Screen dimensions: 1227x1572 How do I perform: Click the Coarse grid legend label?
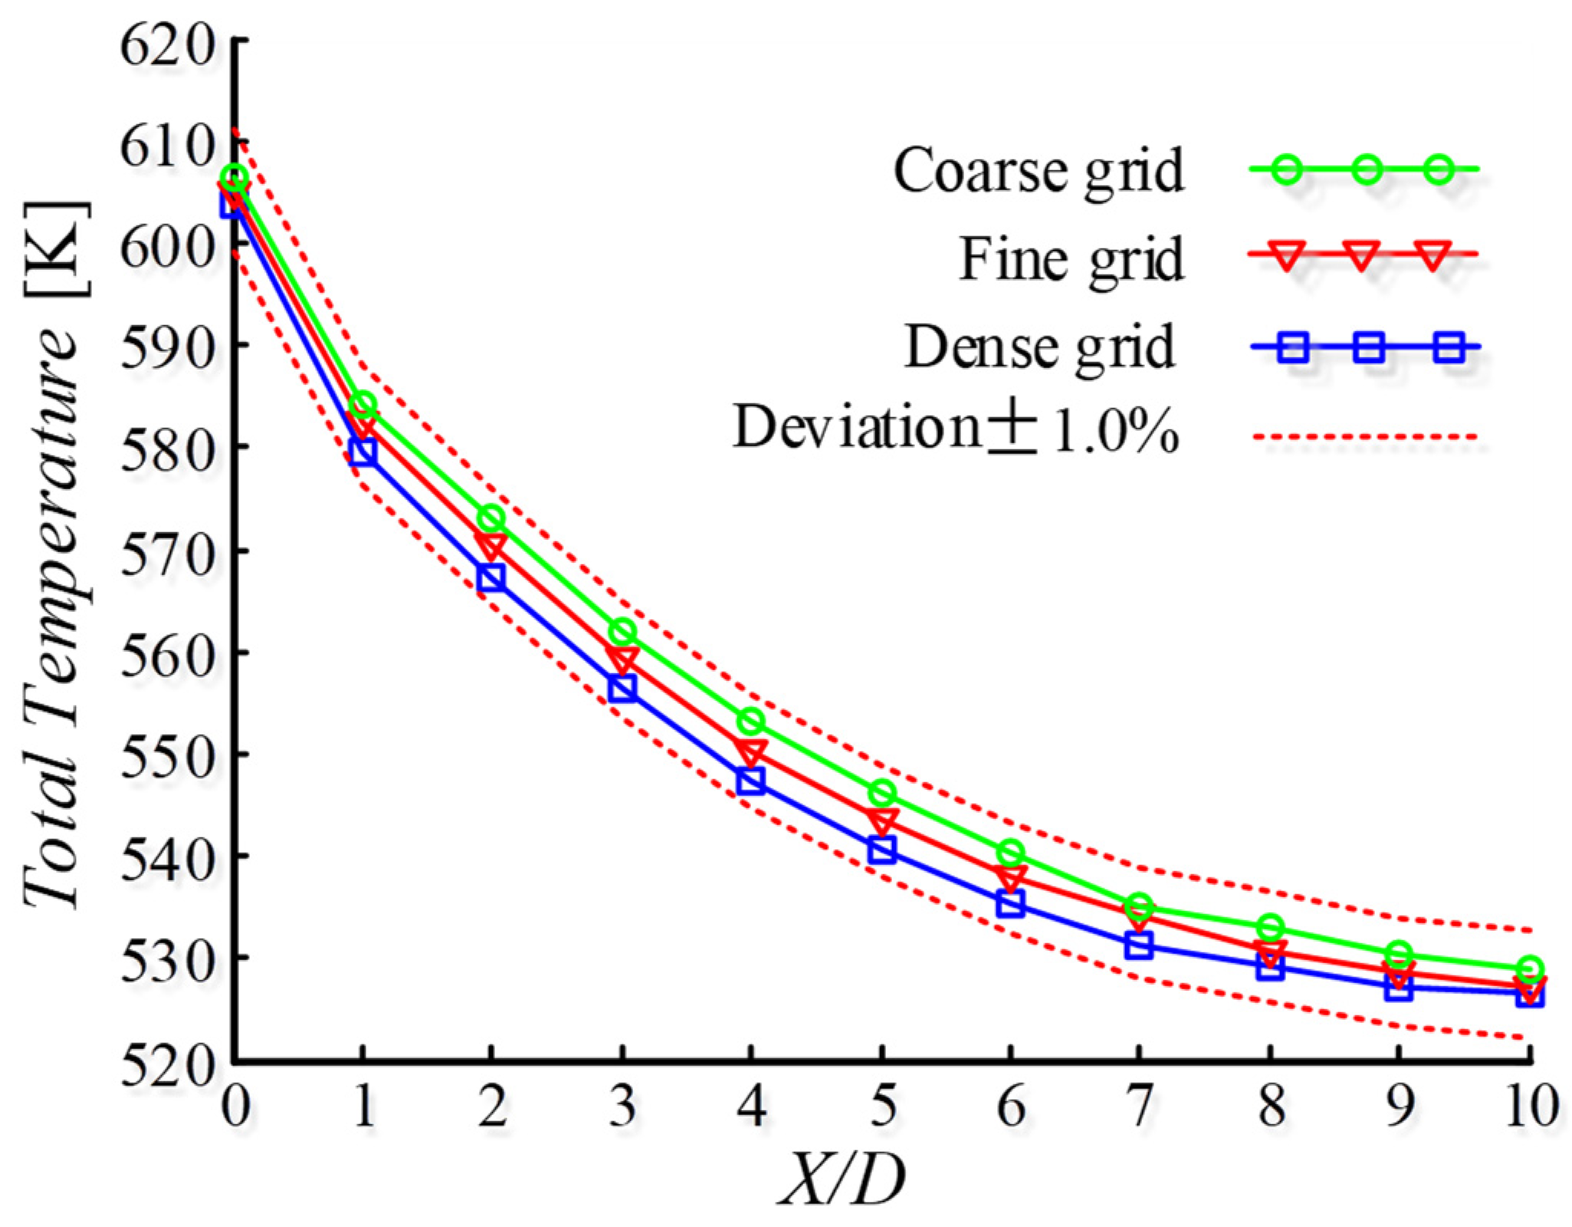tap(1039, 170)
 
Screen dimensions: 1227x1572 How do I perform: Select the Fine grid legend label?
tap(1071, 259)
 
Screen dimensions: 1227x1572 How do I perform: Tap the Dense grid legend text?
tap(1039, 347)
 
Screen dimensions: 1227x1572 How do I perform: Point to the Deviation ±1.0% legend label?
tap(955, 428)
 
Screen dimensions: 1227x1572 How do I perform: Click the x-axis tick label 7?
tap(1140, 1107)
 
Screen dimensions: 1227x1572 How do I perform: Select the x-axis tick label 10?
tap(1529, 1107)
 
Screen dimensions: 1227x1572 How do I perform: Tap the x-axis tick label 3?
tap(622, 1107)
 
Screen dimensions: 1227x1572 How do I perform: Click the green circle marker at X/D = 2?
tap(491, 518)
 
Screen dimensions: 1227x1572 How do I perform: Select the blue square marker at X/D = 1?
tap(363, 452)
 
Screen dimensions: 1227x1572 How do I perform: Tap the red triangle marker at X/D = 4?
tap(751, 752)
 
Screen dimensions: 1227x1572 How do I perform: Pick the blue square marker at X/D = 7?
tap(1140, 946)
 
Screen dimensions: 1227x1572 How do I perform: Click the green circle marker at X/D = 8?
tap(1270, 928)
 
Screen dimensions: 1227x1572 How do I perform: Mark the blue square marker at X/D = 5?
tap(881, 850)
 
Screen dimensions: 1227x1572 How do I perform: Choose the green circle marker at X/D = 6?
tap(1011, 852)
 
